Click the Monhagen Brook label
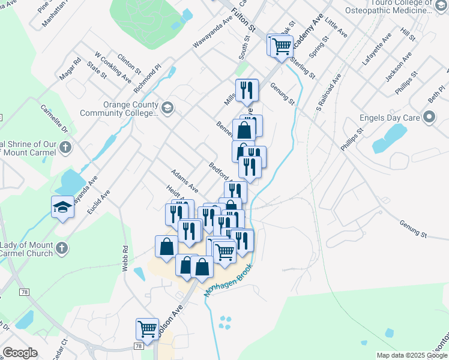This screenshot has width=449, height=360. [229, 281]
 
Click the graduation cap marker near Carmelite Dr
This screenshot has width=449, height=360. [63, 207]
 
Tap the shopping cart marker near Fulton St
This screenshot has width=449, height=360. [281, 46]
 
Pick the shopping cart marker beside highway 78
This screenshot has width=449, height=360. [147, 329]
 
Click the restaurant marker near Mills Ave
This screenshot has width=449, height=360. [247, 90]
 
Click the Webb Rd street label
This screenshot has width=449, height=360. [125, 258]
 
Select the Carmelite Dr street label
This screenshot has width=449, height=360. [55, 118]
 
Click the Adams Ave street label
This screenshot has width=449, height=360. [184, 178]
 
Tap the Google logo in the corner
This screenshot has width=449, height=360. [20, 352]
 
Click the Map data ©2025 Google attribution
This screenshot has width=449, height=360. [411, 355]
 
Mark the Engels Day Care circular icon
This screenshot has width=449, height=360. [429, 118]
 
